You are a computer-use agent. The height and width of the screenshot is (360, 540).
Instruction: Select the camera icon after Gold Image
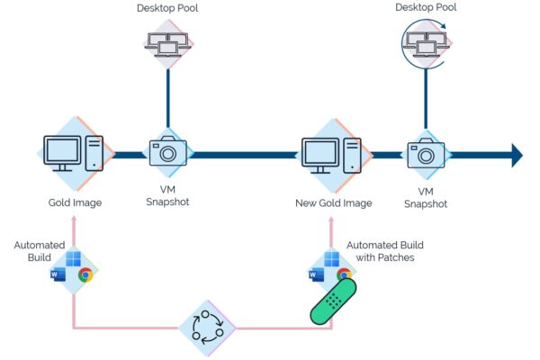point(168,152)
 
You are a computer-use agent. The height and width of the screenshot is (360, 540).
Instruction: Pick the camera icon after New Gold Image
point(426,153)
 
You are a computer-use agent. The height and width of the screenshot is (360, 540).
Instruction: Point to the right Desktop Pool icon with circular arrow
point(426,42)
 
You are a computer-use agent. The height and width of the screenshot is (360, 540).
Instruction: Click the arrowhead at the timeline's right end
point(517,155)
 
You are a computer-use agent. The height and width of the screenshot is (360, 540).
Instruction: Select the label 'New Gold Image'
point(332,203)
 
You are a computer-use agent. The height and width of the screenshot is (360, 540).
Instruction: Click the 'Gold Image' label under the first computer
point(75,202)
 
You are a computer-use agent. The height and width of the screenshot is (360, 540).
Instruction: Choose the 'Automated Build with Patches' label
point(384,251)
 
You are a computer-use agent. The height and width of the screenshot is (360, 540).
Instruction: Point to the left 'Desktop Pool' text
point(168,8)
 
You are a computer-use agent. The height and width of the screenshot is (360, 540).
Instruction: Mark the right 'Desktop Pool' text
point(426,7)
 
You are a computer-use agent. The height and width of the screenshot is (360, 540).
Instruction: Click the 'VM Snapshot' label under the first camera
point(168,195)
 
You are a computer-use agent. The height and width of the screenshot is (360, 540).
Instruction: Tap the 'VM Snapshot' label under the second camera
point(426,198)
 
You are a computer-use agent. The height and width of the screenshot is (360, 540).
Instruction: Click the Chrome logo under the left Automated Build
point(85,274)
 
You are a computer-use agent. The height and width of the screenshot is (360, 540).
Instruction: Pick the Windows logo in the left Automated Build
point(74,261)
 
